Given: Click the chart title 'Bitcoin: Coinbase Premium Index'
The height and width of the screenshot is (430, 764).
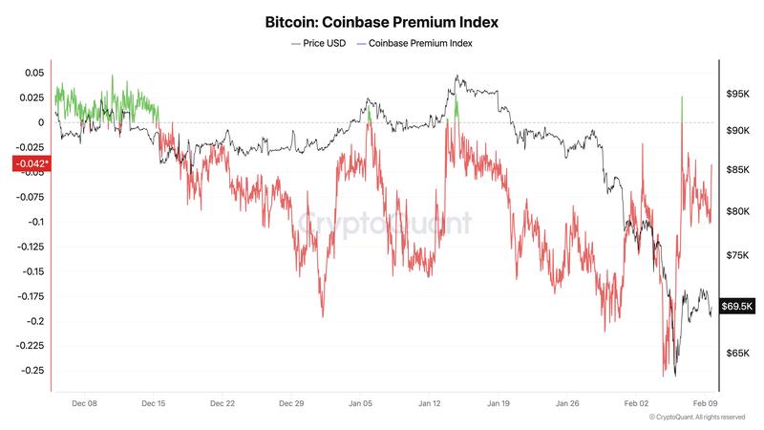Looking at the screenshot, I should (x=381, y=20).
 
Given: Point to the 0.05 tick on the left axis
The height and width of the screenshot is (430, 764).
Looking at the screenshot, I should (x=33, y=73).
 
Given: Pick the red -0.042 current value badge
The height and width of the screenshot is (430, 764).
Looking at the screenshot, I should (x=29, y=163).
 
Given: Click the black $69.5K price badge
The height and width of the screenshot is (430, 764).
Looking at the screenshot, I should (x=738, y=306).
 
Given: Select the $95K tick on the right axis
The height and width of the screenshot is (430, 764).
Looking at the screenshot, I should (x=737, y=95).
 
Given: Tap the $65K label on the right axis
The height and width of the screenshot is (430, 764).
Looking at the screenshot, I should (x=737, y=354).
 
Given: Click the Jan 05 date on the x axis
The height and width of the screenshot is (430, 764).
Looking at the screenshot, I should (x=361, y=403).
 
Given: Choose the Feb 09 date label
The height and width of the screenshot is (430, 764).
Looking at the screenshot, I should (x=705, y=403).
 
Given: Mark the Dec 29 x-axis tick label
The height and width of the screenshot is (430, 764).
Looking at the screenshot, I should (x=291, y=403).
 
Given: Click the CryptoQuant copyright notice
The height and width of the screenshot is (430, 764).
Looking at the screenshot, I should (x=696, y=418).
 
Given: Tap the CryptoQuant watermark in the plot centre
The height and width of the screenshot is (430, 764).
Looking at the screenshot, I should (x=386, y=224).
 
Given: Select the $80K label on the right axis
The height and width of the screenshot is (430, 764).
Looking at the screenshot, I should (x=737, y=211).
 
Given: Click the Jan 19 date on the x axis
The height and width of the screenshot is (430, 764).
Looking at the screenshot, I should (x=499, y=403).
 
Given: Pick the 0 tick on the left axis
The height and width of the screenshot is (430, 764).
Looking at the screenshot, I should (x=40, y=122).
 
